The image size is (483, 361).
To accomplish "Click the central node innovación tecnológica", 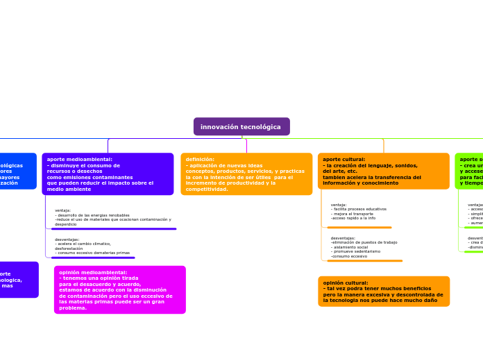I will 241,127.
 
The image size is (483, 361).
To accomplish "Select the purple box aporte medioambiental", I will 108,174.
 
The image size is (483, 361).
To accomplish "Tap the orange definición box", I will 246,174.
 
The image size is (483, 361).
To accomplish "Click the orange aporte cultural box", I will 384,171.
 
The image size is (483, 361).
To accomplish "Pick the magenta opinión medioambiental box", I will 119,289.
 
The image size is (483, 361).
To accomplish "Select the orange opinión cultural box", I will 384,292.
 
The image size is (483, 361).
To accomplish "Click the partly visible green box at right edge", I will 470,171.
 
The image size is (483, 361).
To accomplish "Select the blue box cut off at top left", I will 17,171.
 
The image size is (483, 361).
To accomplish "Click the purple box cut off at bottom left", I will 18,279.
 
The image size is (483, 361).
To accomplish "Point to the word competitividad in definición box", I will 206,190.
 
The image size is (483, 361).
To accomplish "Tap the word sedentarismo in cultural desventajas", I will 369,252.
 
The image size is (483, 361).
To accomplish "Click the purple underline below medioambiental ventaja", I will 113,228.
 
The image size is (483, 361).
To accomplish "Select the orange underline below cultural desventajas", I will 365,261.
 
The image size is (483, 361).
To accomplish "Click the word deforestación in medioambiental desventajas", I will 69,249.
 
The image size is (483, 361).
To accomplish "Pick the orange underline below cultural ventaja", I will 359,227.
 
